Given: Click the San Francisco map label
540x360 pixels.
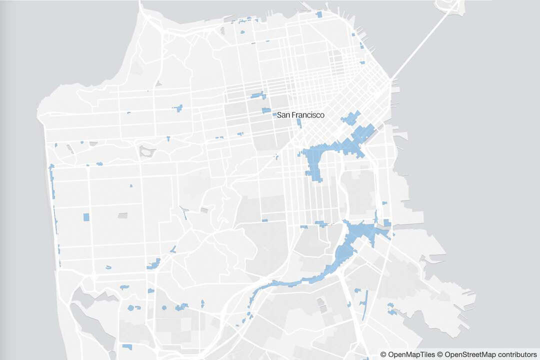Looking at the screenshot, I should coord(300,115).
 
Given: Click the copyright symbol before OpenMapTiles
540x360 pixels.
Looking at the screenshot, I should coord(383,354).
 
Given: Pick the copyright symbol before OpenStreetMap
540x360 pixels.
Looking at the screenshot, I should coord(440,354).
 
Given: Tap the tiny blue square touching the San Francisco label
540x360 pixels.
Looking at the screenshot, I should coord(274,115).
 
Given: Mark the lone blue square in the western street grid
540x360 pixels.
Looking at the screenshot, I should coord(86,217).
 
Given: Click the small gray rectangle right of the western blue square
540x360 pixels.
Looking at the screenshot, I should coord(122,215).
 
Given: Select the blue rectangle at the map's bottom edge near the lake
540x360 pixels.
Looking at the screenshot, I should coord(127,346).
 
